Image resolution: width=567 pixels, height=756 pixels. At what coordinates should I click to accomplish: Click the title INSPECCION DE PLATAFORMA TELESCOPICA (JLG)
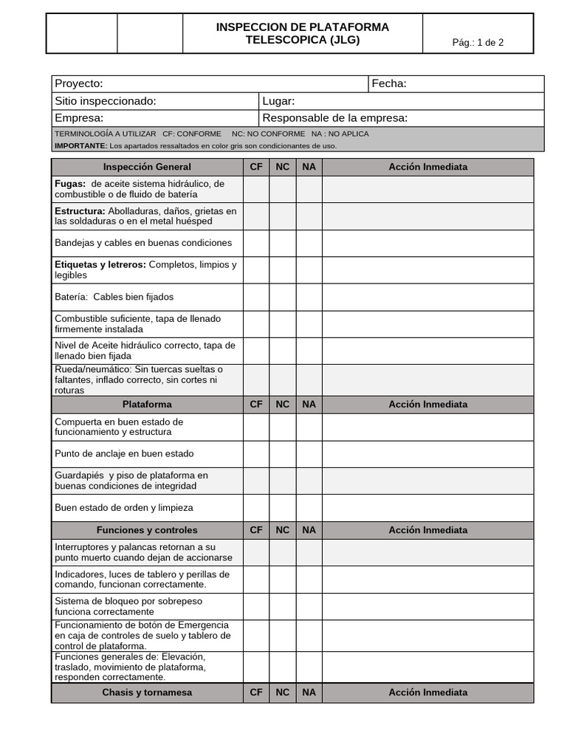(x=302, y=33)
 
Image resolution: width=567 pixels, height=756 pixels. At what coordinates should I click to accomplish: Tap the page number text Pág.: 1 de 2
(x=478, y=42)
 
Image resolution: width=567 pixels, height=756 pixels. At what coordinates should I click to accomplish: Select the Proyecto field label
(x=79, y=84)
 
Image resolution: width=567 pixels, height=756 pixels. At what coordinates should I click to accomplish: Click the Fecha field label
(x=389, y=84)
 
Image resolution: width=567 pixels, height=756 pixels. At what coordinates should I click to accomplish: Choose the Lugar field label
(x=279, y=101)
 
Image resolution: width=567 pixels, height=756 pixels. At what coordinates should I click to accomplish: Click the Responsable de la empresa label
(x=334, y=118)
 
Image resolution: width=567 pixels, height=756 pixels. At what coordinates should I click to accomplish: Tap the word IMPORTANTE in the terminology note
(x=80, y=145)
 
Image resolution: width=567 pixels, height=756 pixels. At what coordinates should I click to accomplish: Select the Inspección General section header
(x=147, y=167)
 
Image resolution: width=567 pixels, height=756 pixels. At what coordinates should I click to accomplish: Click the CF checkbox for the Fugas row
(x=256, y=189)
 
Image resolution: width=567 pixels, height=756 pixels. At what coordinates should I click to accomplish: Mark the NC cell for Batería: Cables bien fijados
(x=283, y=297)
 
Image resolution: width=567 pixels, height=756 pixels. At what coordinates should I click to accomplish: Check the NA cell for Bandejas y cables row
(x=309, y=243)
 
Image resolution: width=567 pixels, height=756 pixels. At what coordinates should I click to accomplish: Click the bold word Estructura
(x=80, y=211)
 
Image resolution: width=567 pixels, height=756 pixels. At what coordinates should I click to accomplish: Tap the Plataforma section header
(x=147, y=405)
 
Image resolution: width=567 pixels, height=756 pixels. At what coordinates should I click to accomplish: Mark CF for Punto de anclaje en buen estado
(x=256, y=454)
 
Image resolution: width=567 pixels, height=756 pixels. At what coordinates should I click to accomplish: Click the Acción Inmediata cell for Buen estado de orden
(x=427, y=508)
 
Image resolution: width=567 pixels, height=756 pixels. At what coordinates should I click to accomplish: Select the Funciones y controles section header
(x=147, y=530)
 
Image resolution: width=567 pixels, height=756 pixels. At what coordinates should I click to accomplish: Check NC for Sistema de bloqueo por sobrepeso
(x=283, y=607)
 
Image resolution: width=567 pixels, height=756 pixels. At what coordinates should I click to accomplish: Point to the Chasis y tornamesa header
(x=147, y=693)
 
